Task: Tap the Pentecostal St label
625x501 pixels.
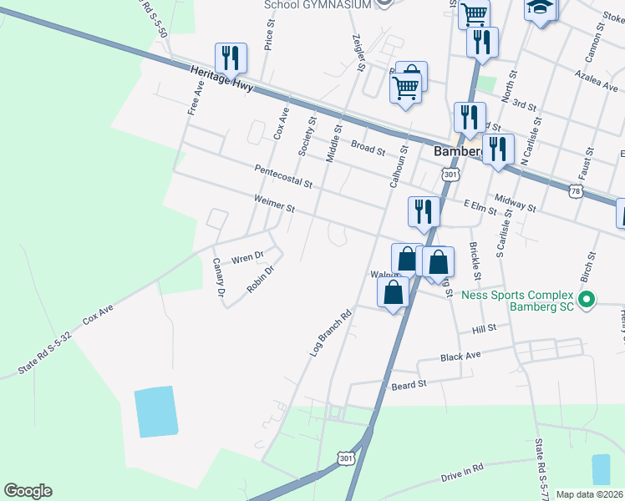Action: point(283,175)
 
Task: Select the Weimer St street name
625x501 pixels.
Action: point(275,204)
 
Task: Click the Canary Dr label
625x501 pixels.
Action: point(219,278)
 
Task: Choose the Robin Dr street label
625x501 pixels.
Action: point(261,278)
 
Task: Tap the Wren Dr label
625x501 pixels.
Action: point(247,257)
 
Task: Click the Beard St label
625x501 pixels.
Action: point(409,385)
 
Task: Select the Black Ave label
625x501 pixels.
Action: point(460,357)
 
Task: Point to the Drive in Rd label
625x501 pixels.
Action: point(462,476)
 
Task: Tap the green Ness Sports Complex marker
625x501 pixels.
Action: point(587,298)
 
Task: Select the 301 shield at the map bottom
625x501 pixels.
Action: point(347,458)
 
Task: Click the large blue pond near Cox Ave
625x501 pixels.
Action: point(156,412)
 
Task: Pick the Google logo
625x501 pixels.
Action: point(28,491)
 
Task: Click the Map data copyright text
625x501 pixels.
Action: point(589,494)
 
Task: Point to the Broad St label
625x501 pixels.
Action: point(367,150)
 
